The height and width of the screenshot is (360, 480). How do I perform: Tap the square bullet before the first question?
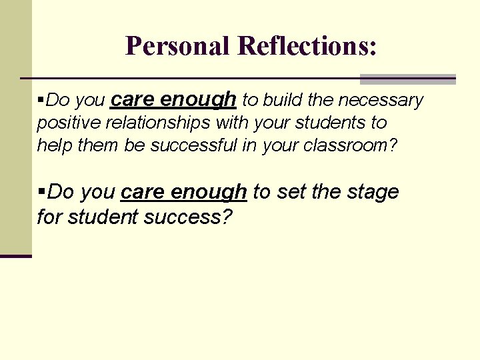[x=41, y=100]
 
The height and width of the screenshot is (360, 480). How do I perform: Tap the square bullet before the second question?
[x=41, y=192]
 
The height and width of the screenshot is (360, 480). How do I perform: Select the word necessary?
[x=381, y=101]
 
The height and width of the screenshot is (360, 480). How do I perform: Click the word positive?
[x=63, y=123]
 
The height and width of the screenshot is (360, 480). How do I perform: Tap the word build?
[x=283, y=101]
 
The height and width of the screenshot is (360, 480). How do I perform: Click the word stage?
[x=372, y=193]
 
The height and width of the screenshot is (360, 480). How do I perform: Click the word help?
[x=55, y=145]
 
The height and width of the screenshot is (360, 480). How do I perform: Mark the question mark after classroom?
[x=392, y=145]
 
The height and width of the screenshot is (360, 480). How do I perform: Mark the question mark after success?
[x=227, y=216]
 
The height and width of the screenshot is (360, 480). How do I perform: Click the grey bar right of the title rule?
[x=407, y=79]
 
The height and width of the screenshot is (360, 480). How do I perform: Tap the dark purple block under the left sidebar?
[x=15, y=255]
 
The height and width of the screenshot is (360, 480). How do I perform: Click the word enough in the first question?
[x=198, y=100]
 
